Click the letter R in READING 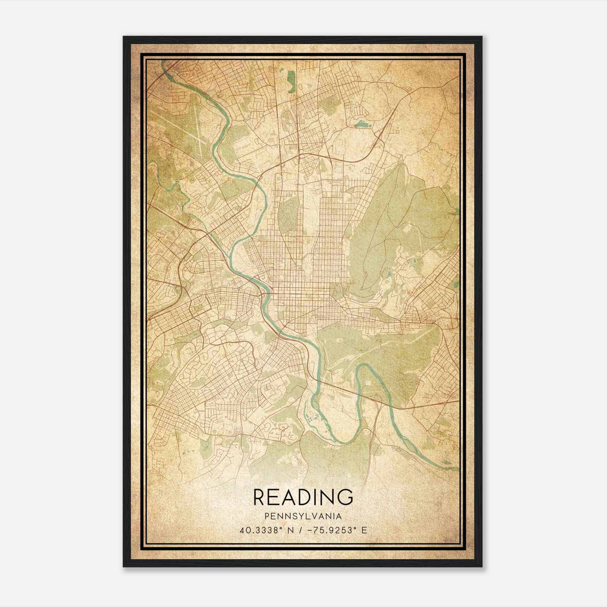(259, 497)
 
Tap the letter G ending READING (345, 497)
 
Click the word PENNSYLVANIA (303, 516)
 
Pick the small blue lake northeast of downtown (360, 124)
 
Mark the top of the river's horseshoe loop (365, 366)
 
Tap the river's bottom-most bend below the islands (343, 442)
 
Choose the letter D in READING (303, 497)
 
